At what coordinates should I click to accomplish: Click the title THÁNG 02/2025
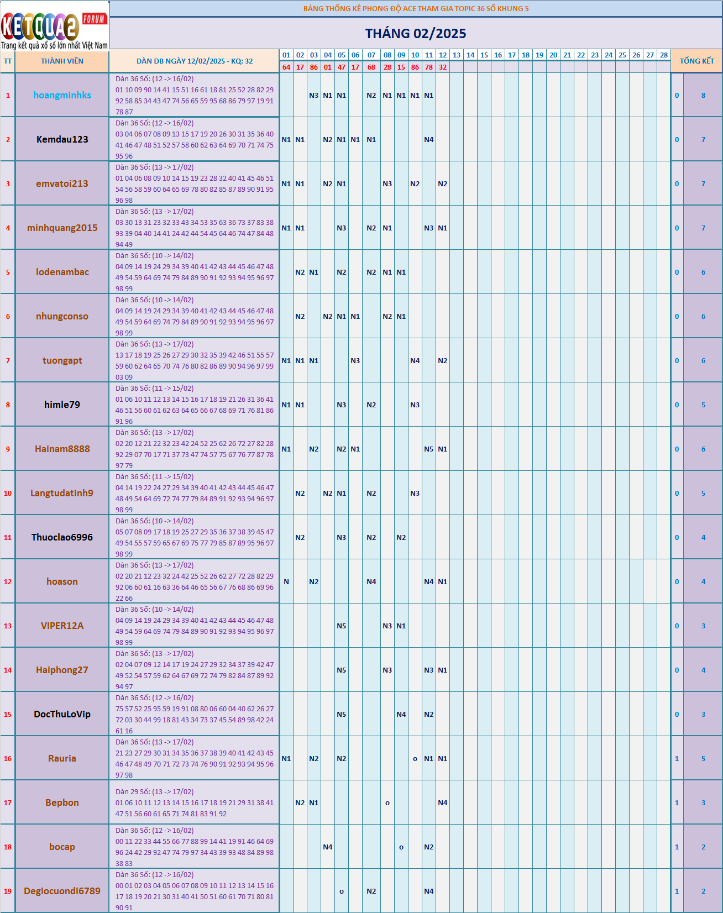(415, 34)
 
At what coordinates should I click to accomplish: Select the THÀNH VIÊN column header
(62, 61)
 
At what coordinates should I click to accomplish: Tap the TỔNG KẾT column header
(696, 61)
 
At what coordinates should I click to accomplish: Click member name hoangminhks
(62, 95)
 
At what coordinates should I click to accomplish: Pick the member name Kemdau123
(62, 139)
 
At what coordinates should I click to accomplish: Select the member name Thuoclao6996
(62, 537)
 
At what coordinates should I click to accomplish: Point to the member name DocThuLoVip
(62, 714)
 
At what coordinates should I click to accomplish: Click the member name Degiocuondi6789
(62, 891)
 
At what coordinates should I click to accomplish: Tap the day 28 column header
(664, 55)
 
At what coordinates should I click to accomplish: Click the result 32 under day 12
(443, 67)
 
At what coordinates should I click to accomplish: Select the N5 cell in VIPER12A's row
(342, 626)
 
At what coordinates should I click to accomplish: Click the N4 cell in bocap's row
(328, 847)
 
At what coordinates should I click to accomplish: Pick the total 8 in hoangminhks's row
(703, 96)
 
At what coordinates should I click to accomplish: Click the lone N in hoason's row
(286, 582)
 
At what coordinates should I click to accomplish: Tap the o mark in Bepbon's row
(387, 803)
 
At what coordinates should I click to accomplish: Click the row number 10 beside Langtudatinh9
(8, 494)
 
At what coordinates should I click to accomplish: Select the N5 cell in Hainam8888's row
(429, 449)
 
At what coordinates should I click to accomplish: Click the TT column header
(8, 61)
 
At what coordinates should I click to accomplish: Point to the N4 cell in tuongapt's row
(415, 361)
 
